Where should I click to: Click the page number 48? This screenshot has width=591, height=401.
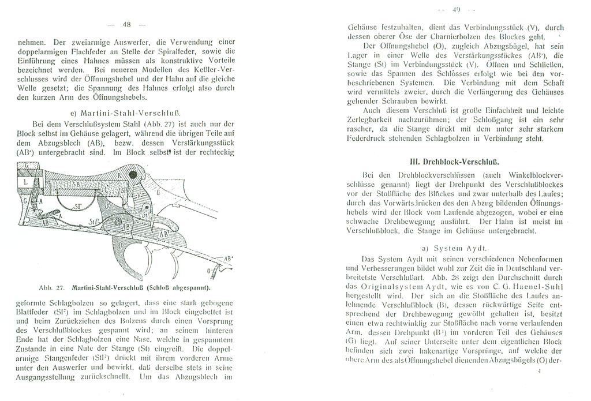pos(127,24)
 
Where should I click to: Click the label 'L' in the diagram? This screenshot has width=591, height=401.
pos(26,181)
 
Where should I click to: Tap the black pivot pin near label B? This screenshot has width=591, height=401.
pos(134,175)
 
